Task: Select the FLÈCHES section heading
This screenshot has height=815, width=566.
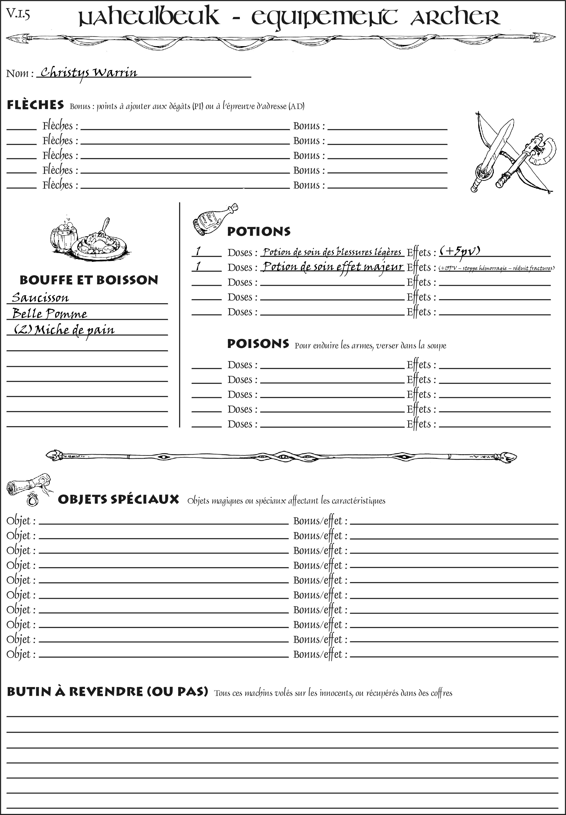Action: click(35, 105)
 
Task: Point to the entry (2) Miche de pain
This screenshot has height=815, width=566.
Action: click(64, 330)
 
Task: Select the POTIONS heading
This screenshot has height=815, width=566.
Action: click(258, 231)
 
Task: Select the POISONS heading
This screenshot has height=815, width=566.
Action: click(258, 344)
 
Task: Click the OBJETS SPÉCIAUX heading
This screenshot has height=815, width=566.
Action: click(118, 499)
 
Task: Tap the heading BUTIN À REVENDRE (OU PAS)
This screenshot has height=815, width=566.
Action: click(107, 692)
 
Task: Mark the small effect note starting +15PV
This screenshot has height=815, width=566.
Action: click(496, 268)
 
